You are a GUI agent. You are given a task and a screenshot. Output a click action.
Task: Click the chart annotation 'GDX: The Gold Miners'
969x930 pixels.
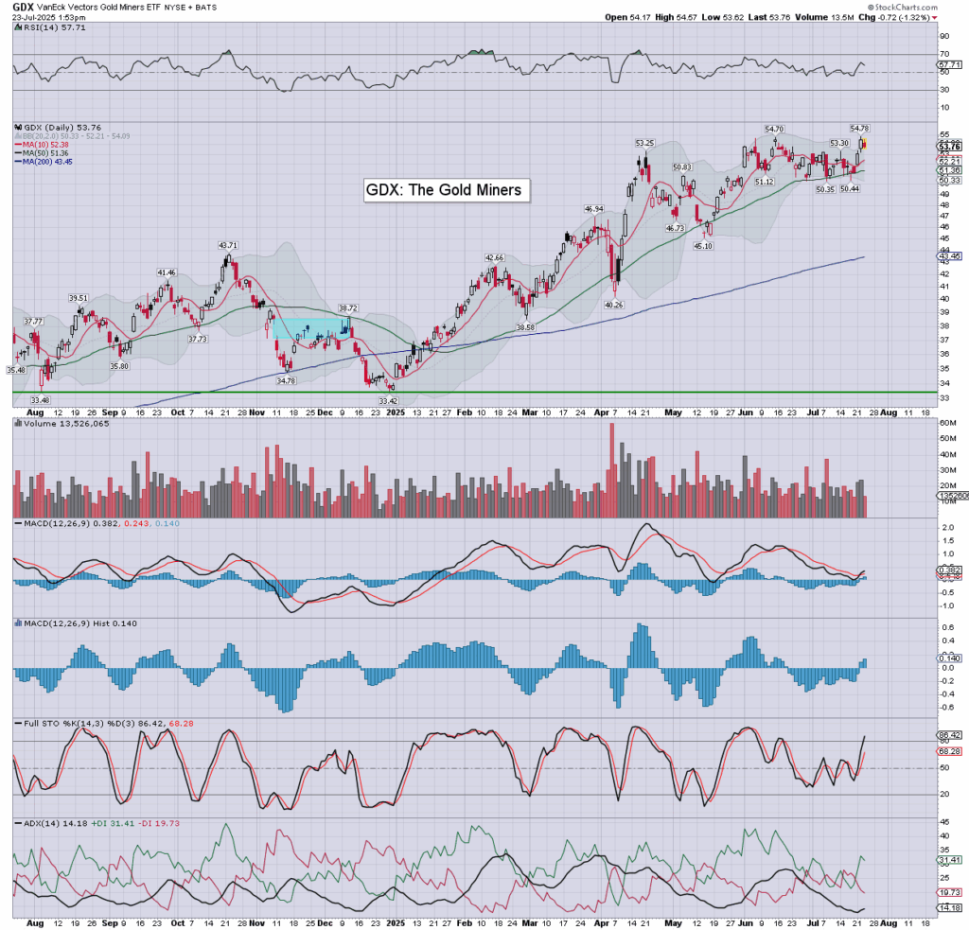point(443,190)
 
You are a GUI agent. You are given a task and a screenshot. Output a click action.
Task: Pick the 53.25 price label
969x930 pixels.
point(645,143)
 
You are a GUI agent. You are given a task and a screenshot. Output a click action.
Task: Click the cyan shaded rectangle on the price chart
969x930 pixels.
point(310,329)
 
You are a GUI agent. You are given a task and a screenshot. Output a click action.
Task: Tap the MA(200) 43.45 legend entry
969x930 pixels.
point(45,162)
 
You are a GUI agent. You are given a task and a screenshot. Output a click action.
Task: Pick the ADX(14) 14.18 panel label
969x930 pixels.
point(46,823)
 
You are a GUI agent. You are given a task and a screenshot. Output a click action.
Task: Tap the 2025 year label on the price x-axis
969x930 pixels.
point(396,413)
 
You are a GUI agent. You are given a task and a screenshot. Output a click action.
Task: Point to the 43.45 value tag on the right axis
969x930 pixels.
point(949,255)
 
